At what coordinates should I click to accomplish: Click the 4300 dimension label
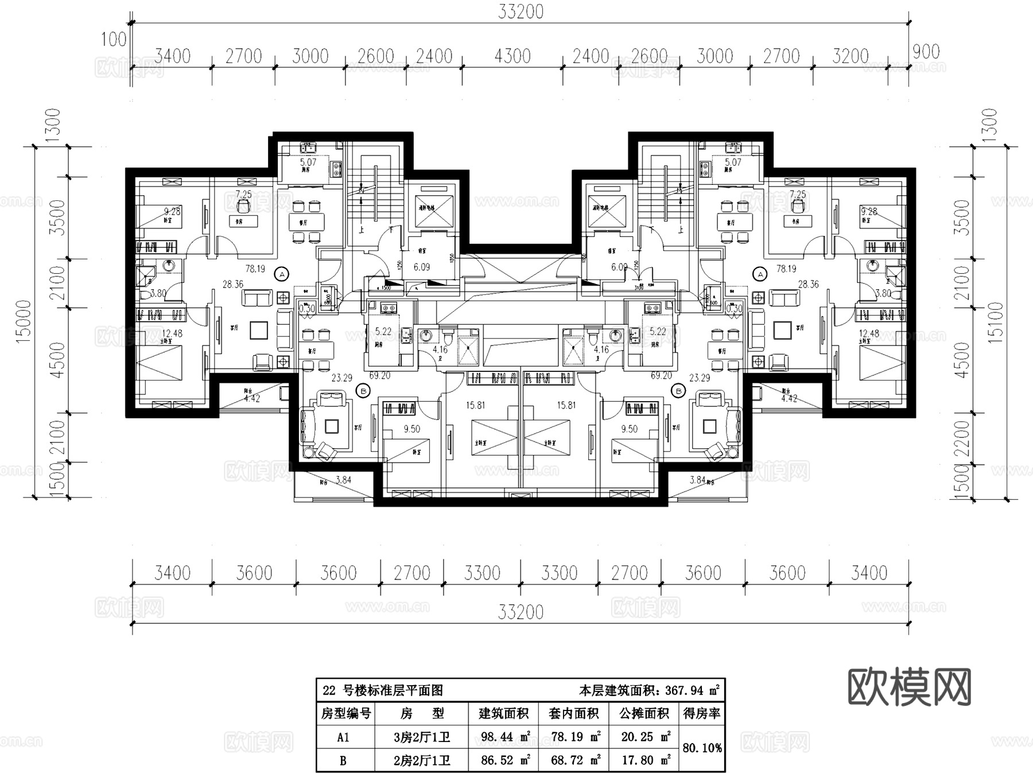[512, 56]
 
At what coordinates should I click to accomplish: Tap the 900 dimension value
[926, 52]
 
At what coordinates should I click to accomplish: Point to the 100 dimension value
[114, 39]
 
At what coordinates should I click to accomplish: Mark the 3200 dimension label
[850, 56]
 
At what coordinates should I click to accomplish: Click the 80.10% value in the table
[702, 748]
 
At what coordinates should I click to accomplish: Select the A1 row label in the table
[343, 737]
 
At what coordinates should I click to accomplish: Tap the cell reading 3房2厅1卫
[422, 737]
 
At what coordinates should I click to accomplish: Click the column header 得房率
[702, 713]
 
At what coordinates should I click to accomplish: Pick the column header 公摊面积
[644, 713]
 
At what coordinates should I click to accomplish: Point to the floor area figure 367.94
[684, 690]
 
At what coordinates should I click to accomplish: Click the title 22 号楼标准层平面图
[383, 690]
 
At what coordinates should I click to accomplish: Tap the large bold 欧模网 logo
[909, 687]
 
